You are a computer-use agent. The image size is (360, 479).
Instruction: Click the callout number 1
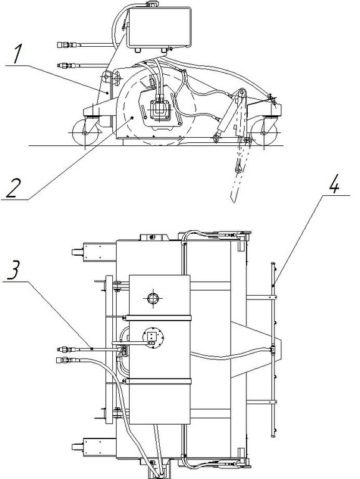point(17,54)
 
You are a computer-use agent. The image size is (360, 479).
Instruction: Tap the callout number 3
point(14,269)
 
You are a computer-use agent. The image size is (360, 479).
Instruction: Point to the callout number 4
point(334,184)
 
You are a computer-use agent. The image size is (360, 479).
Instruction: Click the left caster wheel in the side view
point(85,132)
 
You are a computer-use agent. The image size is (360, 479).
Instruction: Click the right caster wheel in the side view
point(264,132)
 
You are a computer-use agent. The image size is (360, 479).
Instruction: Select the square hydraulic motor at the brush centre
point(160,110)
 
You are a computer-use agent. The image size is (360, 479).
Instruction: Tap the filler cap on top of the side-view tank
point(152,4)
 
